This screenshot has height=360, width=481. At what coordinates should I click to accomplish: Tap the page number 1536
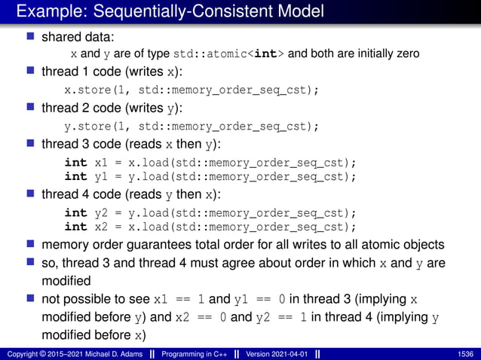tap(466, 354)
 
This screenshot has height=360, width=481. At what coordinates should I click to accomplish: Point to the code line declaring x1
tap(210, 162)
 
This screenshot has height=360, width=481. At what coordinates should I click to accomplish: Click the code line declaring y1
tap(210, 176)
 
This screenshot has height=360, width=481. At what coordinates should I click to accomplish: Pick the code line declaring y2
tap(210, 212)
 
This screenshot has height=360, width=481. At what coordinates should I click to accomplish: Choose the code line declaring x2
tap(210, 227)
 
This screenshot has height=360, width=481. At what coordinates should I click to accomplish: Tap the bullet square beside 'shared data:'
tap(31, 36)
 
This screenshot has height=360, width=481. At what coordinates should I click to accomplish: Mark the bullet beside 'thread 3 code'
tap(31, 144)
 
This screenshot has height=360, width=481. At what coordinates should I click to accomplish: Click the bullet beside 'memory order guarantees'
tap(31, 245)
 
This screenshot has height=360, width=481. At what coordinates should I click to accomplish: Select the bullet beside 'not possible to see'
tap(31, 299)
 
